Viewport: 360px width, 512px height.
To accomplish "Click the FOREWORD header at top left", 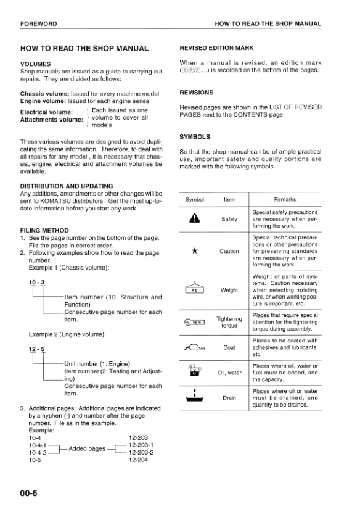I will pos(38,23).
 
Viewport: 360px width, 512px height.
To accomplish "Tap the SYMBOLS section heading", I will pos(195,137).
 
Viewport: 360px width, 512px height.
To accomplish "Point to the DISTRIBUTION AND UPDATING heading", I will pos(67,186).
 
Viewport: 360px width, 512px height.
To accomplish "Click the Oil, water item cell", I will pos(229,373).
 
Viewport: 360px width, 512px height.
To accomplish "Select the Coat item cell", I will pos(229,347).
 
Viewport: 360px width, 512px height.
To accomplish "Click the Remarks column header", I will pos(285,199).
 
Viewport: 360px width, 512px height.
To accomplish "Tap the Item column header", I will pos(229,199).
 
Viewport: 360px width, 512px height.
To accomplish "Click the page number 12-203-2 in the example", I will pos(141,452).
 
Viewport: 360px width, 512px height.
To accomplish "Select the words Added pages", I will pos(87,448).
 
